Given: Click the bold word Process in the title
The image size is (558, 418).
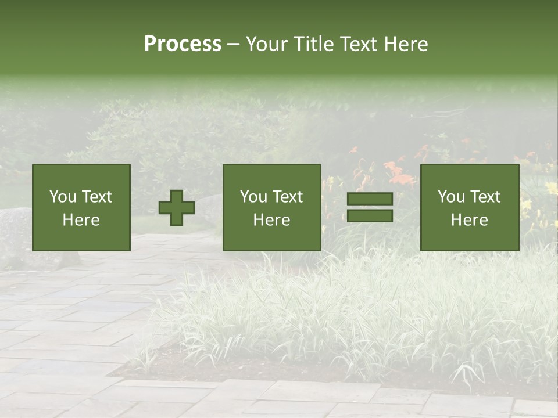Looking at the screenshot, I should pyautogui.click(x=183, y=44).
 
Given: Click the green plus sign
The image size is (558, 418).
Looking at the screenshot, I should pyautogui.click(x=177, y=208).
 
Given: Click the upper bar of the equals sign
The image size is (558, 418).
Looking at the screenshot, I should pyautogui.click(x=370, y=199).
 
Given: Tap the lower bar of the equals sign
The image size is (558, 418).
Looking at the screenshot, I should pyautogui.click(x=370, y=216).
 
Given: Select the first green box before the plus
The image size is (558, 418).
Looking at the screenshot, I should pyautogui.click(x=81, y=207).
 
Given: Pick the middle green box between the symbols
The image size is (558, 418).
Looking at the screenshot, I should pyautogui.click(x=272, y=207).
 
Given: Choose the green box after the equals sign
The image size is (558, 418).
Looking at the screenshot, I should pyautogui.click(x=470, y=207).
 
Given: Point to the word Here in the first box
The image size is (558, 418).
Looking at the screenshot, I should pyautogui.click(x=81, y=220).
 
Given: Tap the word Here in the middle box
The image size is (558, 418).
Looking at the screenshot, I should pyautogui.click(x=272, y=220).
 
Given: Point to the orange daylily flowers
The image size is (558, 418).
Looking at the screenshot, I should pyautogui.click(x=401, y=174).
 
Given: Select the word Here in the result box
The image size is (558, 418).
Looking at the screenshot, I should pyautogui.click(x=470, y=220).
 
